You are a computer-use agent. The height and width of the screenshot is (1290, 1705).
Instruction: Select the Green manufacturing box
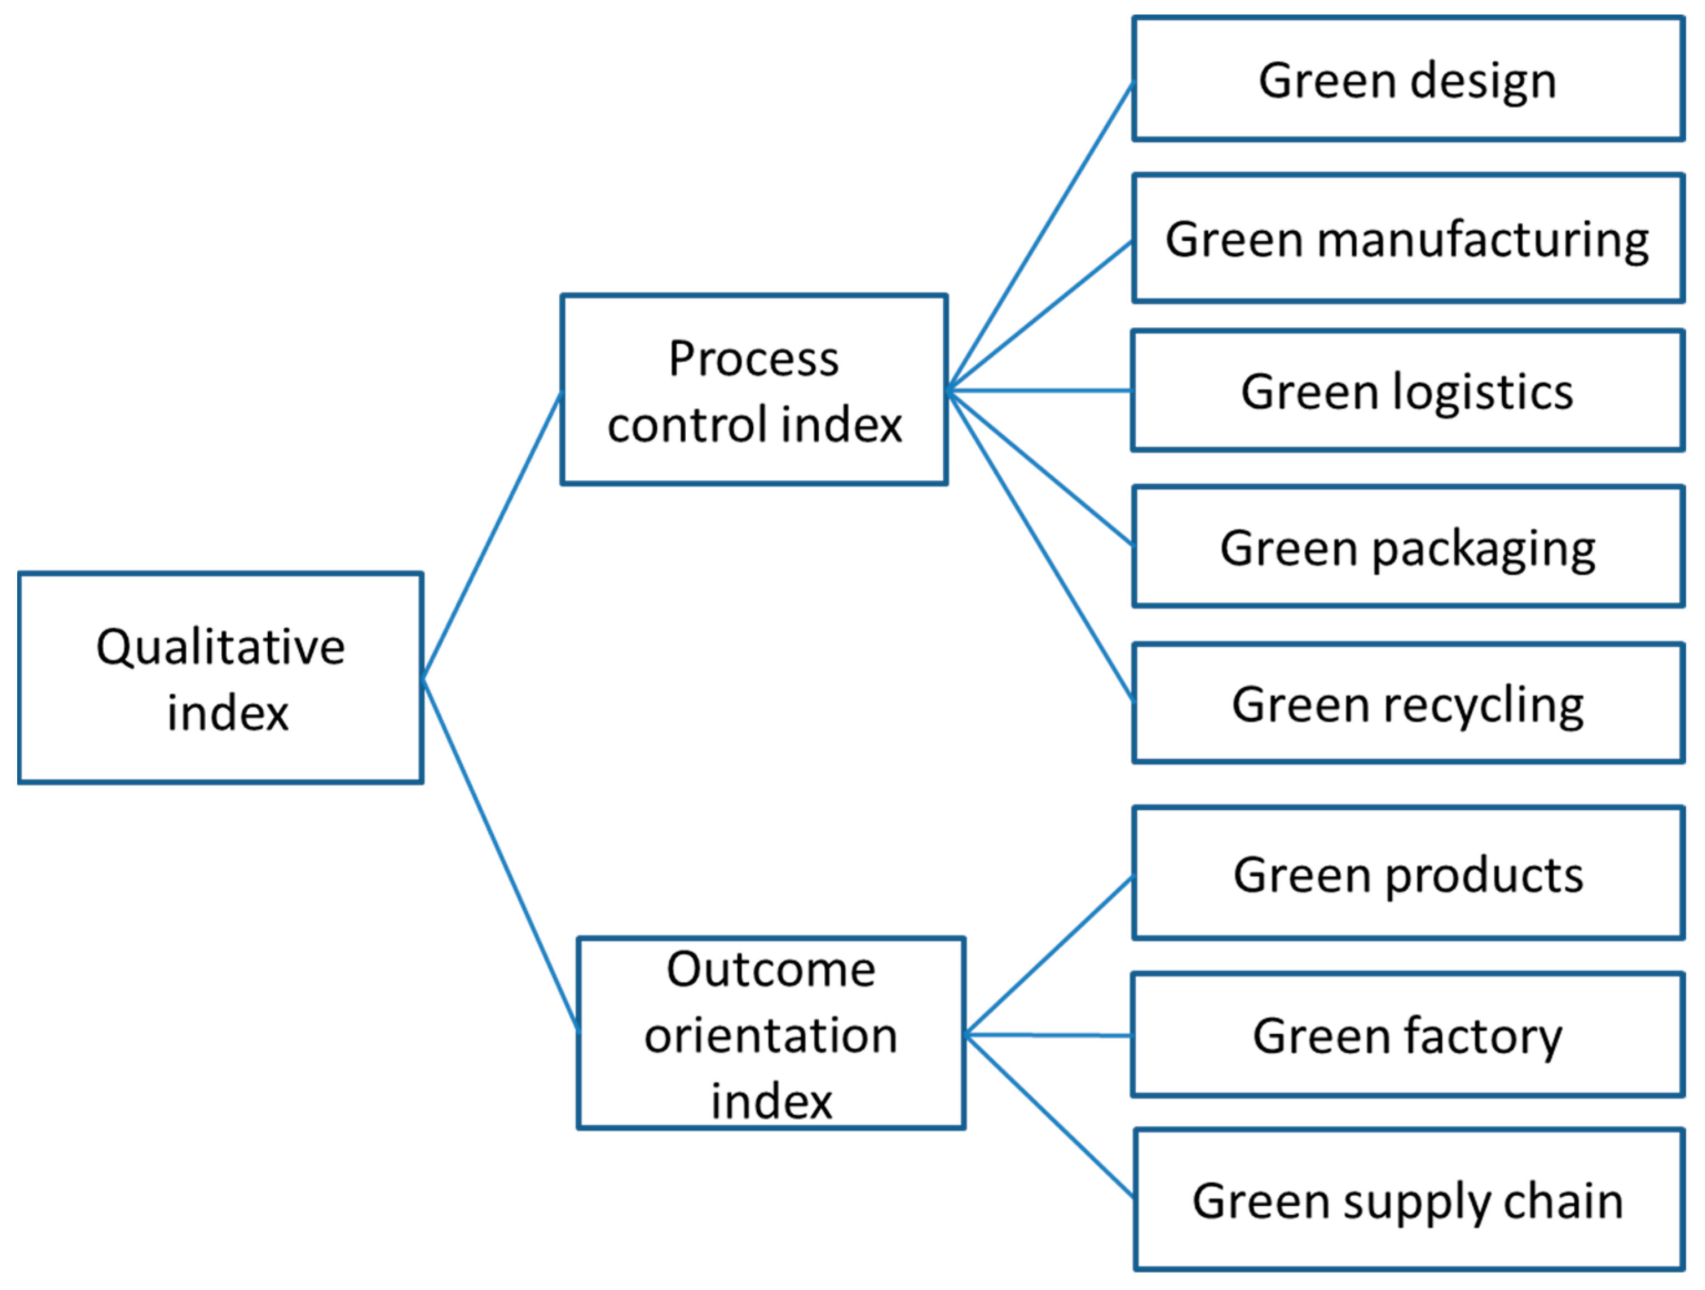click(1407, 238)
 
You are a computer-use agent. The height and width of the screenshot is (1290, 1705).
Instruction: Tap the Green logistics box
click(1407, 391)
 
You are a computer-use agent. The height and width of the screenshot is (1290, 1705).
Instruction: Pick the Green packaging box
click(1407, 547)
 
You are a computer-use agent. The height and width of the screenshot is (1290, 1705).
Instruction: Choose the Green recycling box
click(1407, 703)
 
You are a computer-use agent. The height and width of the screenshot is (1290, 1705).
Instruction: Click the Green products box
click(1407, 875)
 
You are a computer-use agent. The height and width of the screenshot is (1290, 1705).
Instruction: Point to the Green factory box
click(1407, 1035)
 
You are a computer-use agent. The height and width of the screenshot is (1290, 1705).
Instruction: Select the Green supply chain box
click(1407, 1201)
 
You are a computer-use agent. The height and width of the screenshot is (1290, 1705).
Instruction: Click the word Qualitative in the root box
click(221, 648)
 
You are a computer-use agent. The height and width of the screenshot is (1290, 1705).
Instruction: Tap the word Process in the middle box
click(753, 359)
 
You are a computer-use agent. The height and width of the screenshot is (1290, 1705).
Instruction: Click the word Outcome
click(771, 969)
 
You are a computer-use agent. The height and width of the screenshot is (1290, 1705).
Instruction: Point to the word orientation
click(771, 1035)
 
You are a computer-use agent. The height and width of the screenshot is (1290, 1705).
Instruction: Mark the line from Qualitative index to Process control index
click(492, 536)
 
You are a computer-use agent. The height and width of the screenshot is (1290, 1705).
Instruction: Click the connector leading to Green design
click(1040, 235)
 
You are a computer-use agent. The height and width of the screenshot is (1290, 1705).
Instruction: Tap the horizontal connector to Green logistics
click(1040, 391)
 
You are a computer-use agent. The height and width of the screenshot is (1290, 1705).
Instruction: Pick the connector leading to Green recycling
click(1040, 546)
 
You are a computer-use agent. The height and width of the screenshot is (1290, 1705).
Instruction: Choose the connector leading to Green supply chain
click(1050, 1116)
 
